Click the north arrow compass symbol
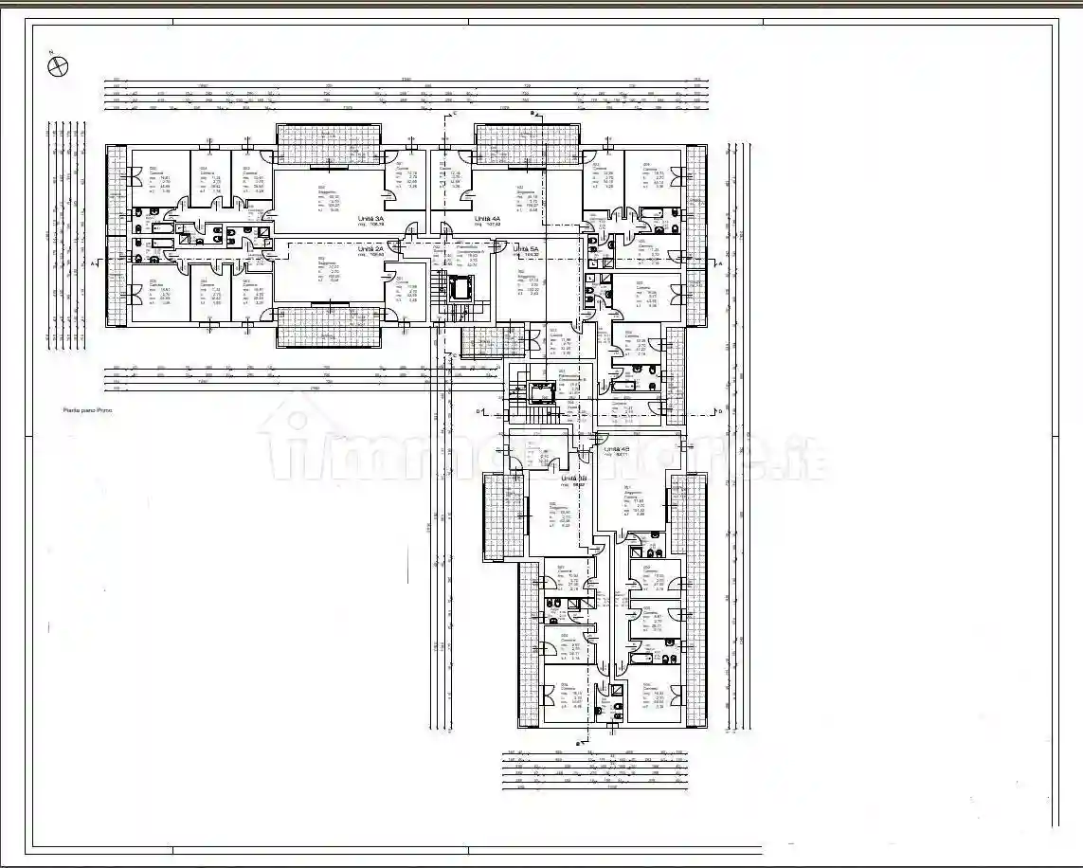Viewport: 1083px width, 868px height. point(59,65)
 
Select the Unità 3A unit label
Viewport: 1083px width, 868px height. point(370,219)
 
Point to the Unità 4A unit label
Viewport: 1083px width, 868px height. point(488,219)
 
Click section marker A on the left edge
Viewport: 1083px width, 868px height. point(93,264)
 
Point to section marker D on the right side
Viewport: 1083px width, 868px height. point(720,412)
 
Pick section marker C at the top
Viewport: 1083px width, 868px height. point(455,114)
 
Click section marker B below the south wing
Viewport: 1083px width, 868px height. point(578,744)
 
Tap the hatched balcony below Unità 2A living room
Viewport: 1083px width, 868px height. point(329,336)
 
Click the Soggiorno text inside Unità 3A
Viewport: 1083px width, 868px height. point(328,192)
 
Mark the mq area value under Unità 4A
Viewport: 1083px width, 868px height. point(488,226)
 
